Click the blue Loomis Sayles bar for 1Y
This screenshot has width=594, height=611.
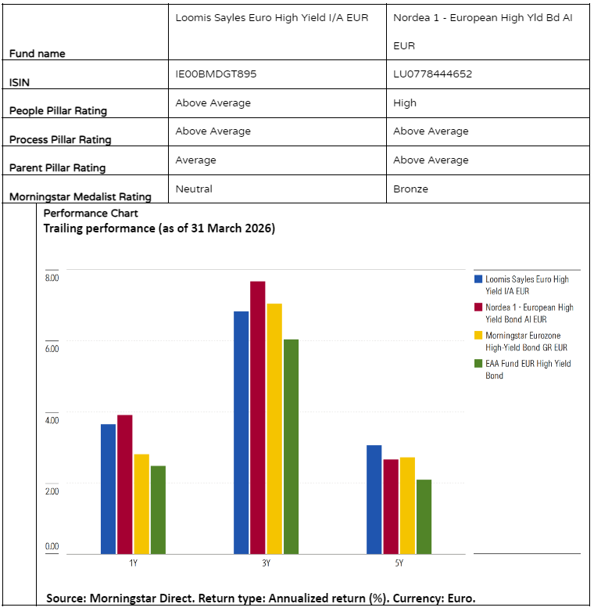(108, 489)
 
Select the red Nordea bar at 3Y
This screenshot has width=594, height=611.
(258, 418)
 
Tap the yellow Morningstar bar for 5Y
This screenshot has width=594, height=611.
(406, 505)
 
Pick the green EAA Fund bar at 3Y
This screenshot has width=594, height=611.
(291, 446)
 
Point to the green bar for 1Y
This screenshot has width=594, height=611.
(158, 510)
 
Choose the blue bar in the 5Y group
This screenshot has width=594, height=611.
(374, 499)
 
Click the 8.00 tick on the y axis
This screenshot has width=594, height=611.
(52, 278)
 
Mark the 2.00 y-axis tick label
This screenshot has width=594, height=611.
(52, 491)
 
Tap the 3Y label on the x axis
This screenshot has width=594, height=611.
(266, 562)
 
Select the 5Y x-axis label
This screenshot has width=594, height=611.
(399, 562)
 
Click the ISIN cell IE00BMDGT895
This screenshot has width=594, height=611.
(216, 74)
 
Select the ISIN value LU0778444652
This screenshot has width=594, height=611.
(432, 74)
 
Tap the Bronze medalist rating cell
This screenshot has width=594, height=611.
(410, 189)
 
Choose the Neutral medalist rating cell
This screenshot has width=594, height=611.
(194, 189)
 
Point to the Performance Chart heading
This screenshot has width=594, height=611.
(91, 213)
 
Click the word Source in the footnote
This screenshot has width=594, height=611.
(66, 598)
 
